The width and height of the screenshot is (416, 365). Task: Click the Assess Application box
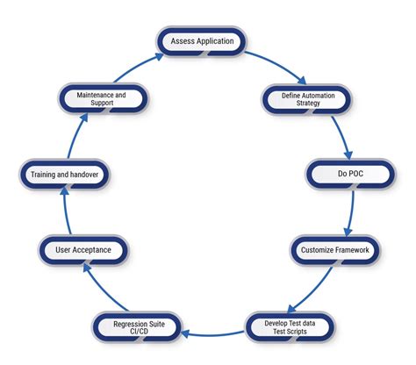pyautogui.click(x=201, y=40)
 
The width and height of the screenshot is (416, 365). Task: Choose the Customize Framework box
pyautogui.click(x=335, y=250)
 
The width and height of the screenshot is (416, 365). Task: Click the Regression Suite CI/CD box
pyautogui.click(x=139, y=328)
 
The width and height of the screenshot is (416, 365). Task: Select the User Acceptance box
pyautogui.click(x=83, y=250)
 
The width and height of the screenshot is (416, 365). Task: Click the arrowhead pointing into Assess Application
pyautogui.click(x=158, y=54)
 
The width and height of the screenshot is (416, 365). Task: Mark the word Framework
pyautogui.click(x=354, y=250)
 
